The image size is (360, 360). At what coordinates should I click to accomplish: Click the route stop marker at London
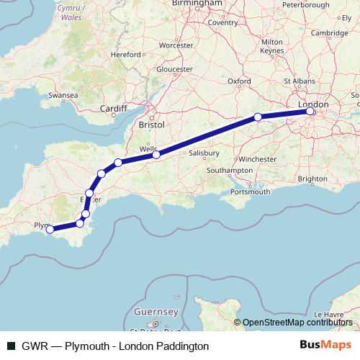(x=310, y=112)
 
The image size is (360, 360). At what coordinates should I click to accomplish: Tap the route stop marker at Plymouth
(x=50, y=230)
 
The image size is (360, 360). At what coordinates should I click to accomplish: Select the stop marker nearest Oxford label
(x=258, y=117)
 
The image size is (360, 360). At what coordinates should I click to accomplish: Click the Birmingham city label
(x=202, y=4)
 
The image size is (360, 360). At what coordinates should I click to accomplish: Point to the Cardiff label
(x=114, y=109)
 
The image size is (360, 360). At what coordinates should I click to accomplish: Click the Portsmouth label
(x=251, y=192)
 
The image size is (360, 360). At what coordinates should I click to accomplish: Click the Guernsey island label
(x=156, y=312)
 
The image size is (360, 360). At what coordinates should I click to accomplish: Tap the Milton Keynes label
(x=272, y=47)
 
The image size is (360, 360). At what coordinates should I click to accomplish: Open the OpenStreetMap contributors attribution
(x=299, y=323)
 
